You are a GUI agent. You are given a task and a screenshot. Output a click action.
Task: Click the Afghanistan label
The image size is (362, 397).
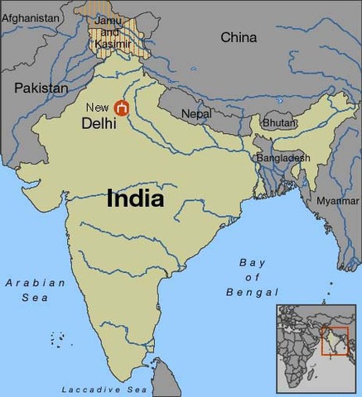click(31, 17)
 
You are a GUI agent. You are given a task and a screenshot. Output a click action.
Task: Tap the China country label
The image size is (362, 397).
click(239, 37)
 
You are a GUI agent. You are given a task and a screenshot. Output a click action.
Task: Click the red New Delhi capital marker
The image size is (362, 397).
click(122, 108)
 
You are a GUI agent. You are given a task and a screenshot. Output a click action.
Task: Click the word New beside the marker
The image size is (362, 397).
click(97, 108)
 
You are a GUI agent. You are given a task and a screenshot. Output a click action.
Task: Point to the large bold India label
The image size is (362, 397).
click(135, 199)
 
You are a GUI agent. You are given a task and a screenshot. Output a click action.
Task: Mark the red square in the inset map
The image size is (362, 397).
click(331, 340)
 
